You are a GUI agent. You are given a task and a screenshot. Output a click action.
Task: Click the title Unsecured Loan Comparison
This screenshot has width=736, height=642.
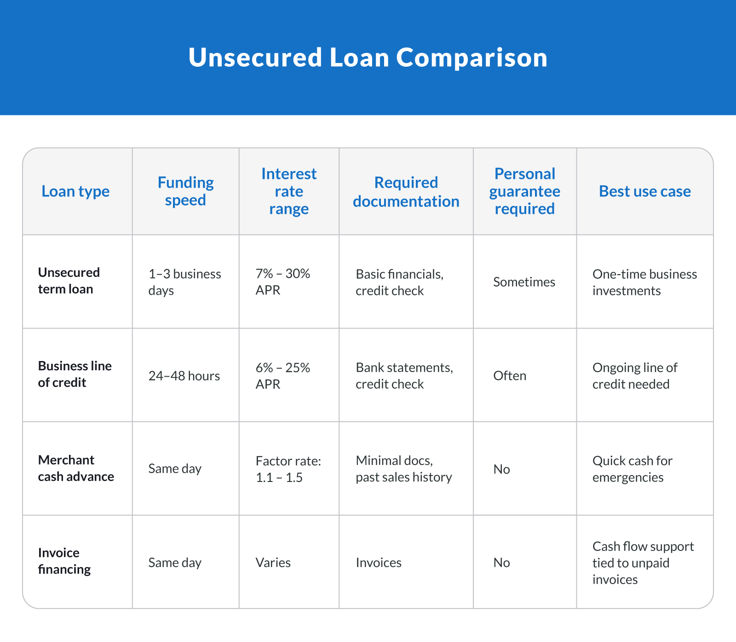click(368, 57)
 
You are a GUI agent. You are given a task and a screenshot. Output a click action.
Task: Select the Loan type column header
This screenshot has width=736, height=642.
click(75, 191)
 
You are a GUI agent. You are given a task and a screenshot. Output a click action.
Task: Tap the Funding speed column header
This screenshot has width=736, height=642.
click(185, 191)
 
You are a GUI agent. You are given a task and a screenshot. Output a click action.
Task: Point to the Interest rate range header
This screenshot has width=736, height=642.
click(289, 191)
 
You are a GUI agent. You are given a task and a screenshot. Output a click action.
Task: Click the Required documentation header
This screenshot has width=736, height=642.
click(406, 192)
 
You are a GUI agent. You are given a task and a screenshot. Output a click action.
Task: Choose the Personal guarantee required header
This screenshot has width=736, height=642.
click(525, 191)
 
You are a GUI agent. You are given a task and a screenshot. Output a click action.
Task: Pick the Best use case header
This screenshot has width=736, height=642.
click(645, 191)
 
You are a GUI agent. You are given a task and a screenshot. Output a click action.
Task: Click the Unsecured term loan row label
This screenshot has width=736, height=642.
click(69, 281)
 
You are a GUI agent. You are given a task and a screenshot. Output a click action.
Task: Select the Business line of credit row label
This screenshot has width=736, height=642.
click(75, 374)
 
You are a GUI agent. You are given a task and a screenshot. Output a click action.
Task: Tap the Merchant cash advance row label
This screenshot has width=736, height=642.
click(76, 468)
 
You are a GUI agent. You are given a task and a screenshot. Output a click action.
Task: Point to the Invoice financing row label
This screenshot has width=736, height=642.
click(64, 561)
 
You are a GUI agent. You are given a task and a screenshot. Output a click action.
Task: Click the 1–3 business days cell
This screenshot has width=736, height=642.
click(184, 282)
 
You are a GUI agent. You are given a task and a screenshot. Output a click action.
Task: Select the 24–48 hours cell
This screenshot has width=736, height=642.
click(184, 376)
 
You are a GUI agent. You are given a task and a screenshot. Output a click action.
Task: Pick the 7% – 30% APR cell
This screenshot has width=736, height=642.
click(283, 281)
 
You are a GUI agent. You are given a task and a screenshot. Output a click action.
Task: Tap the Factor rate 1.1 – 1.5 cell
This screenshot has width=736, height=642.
click(288, 469)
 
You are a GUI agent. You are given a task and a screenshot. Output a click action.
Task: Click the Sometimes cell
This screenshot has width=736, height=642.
click(524, 282)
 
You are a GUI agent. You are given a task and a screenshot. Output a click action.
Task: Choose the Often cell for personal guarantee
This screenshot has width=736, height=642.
click(510, 376)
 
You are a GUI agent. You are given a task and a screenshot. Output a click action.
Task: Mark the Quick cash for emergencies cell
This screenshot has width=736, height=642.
click(632, 469)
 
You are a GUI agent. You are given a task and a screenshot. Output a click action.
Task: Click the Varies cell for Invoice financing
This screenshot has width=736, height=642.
click(273, 562)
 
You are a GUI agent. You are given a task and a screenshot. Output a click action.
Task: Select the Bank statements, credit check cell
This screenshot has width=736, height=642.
click(404, 376)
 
